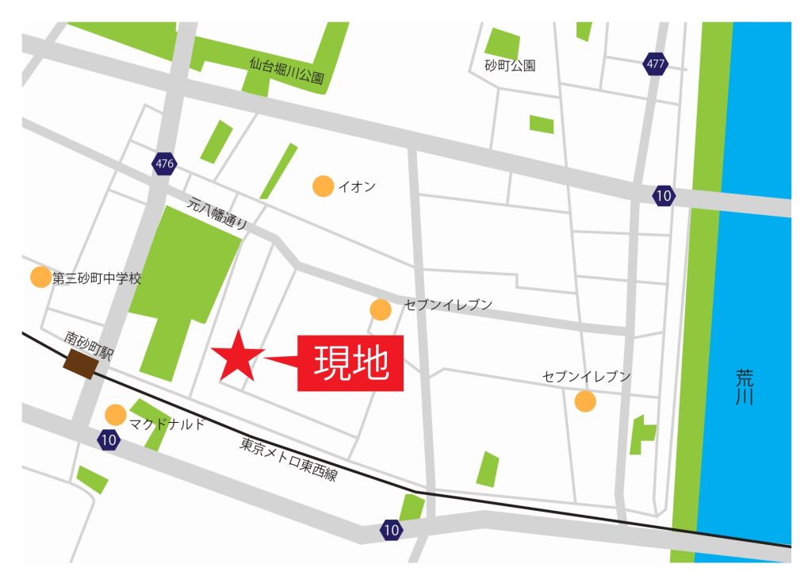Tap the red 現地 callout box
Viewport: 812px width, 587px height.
[x=350, y=363]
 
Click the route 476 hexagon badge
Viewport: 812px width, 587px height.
[x=164, y=164]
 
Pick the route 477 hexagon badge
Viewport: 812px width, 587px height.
[x=655, y=64]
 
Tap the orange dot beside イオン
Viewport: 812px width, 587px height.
[x=323, y=186]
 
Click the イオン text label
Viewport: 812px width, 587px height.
[x=357, y=187]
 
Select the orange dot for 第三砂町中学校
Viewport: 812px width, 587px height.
[x=40, y=277]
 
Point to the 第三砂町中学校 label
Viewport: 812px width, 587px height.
[x=97, y=278]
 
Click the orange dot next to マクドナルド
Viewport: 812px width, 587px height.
[x=116, y=414]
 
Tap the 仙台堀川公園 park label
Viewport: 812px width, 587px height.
[x=287, y=70]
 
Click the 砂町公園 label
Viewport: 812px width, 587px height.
[x=510, y=65]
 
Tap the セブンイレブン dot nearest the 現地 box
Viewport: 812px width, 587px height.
[x=381, y=309]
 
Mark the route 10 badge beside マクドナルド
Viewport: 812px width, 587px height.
[x=109, y=439]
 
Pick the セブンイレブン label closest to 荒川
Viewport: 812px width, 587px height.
[x=587, y=376]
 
